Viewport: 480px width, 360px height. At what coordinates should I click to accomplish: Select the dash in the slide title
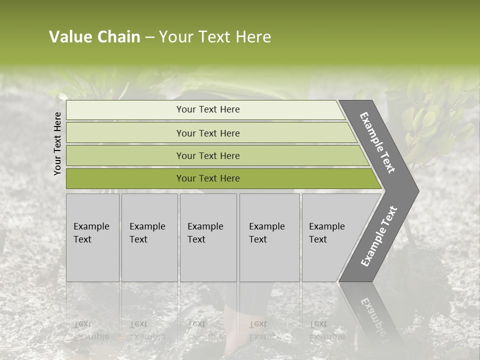coord(149,37)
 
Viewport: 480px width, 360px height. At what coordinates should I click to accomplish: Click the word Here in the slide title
coord(253,37)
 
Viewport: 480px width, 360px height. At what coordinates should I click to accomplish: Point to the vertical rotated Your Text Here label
coord(57,143)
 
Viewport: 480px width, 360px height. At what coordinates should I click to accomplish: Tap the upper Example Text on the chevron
coord(377,142)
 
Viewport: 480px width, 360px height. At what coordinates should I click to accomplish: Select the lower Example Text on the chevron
coord(379,236)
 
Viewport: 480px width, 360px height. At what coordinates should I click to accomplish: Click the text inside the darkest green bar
coord(208,178)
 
